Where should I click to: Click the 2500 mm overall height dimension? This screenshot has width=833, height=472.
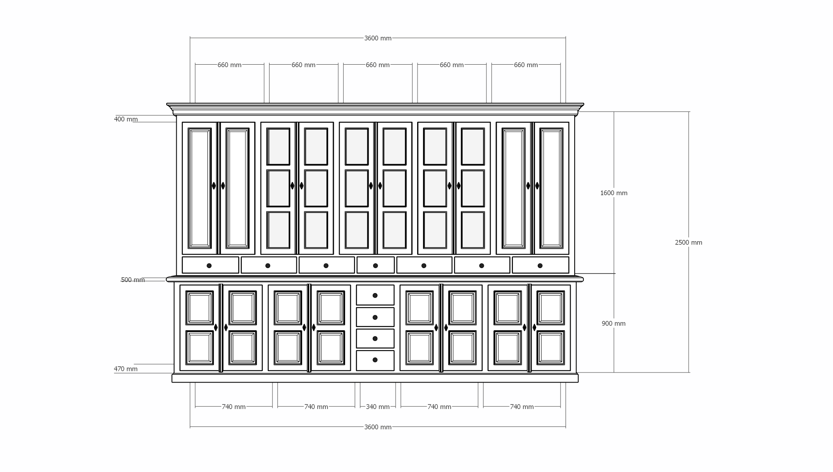tap(688, 242)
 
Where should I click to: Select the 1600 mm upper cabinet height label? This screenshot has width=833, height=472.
tap(614, 193)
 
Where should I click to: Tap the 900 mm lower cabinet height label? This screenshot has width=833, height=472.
tap(613, 323)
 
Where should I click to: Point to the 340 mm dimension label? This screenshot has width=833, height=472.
tap(377, 407)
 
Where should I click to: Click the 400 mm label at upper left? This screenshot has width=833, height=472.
tap(126, 119)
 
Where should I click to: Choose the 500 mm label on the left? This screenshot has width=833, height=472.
tap(133, 280)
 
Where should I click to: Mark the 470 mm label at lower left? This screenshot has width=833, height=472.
tap(126, 369)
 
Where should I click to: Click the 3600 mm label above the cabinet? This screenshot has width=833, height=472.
tap(377, 38)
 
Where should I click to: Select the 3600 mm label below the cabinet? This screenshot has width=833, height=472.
tap(377, 427)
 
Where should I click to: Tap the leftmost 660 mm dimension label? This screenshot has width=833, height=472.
tap(229, 65)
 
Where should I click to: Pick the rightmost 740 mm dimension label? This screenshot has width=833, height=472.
tap(522, 407)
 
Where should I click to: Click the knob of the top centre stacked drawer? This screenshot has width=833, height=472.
tap(375, 295)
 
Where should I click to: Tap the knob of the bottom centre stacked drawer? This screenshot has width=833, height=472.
tap(375, 360)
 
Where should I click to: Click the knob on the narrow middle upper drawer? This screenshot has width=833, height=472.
tap(375, 266)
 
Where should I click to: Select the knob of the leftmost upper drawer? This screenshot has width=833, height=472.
tap(209, 266)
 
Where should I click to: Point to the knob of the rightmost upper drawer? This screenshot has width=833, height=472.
tap(540, 266)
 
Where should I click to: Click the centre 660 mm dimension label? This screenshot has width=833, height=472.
tap(377, 65)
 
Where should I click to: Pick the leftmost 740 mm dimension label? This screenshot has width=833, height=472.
tap(233, 407)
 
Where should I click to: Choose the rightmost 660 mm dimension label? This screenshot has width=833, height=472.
tap(526, 65)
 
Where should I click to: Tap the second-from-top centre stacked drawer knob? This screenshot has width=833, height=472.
tap(375, 317)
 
